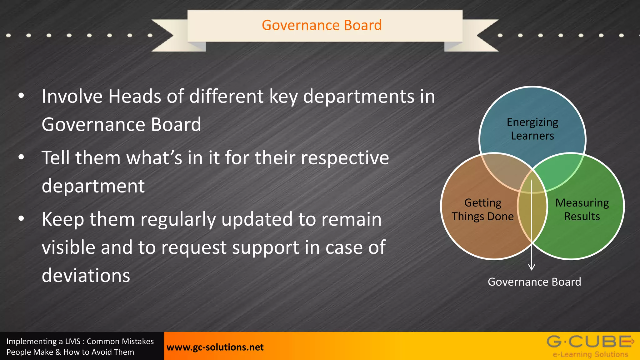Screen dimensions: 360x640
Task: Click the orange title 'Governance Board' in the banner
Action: (322, 25)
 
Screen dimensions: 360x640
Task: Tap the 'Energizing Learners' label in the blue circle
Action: (532, 129)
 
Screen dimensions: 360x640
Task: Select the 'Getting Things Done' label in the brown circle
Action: (482, 209)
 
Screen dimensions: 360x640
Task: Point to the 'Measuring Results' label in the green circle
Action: (582, 209)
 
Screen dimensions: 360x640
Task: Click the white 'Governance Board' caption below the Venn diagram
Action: (534, 282)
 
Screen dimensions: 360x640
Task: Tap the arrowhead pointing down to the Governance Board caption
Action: (532, 267)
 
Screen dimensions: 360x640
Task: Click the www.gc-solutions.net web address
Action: (215, 347)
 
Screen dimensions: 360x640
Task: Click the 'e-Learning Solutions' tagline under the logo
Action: (590, 354)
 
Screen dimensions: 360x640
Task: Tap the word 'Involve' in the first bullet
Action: (72, 96)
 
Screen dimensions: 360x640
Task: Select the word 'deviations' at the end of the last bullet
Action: (86, 275)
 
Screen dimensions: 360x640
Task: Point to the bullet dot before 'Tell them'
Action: (21, 157)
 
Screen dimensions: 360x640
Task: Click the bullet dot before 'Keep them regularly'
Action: (21, 219)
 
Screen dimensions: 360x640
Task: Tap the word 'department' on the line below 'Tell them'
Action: (93, 186)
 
